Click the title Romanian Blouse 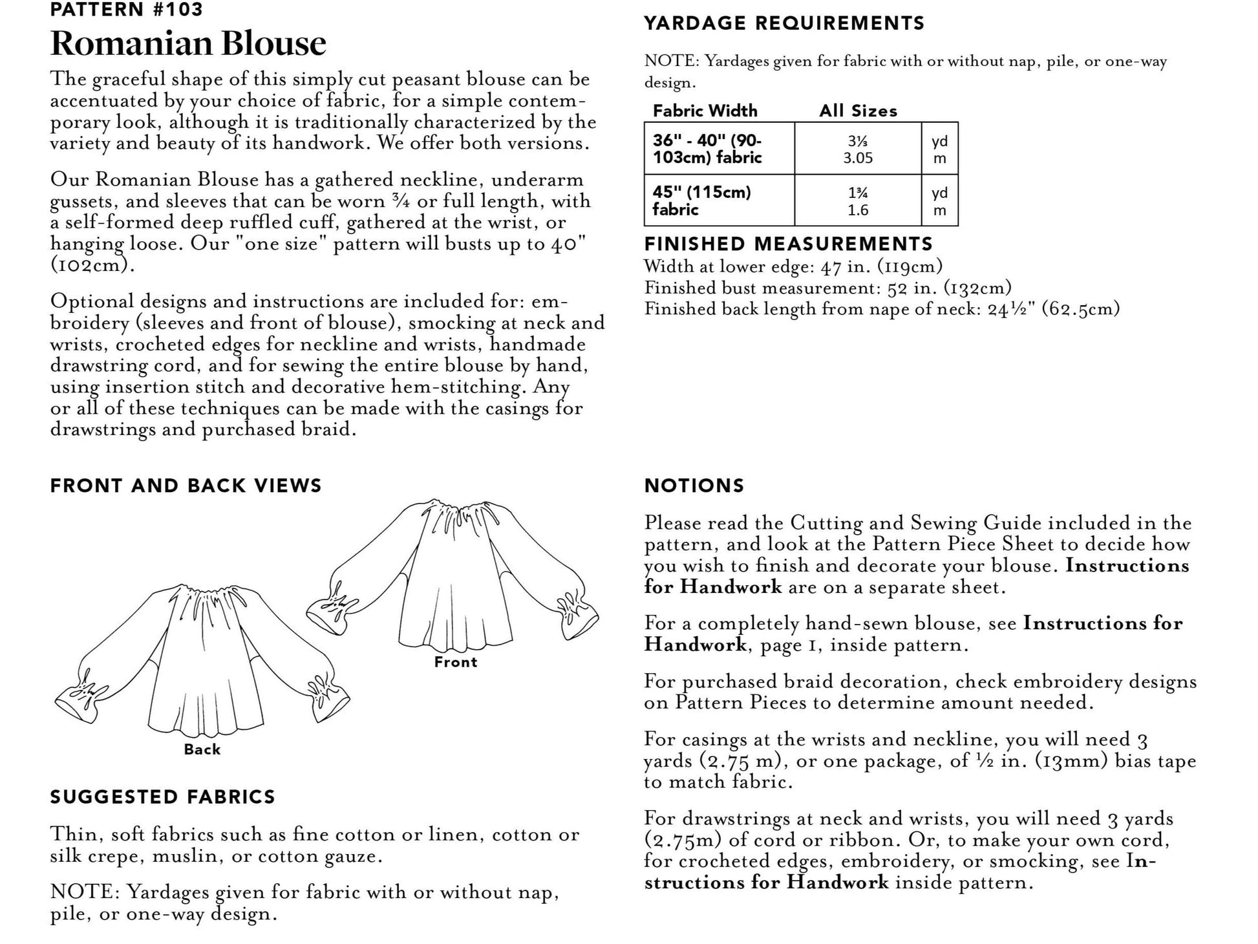188,43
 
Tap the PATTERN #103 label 127,10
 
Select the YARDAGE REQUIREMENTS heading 784,23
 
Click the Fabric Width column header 705,111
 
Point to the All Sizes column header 858,111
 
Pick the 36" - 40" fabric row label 707,149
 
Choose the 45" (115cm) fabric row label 701,200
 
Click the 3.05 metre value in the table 858,158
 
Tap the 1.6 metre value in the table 858,210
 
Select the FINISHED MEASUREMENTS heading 789,244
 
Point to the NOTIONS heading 694,486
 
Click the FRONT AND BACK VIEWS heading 186,486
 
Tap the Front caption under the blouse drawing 456,662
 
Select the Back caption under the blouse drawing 202,749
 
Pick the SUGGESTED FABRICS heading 163,797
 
